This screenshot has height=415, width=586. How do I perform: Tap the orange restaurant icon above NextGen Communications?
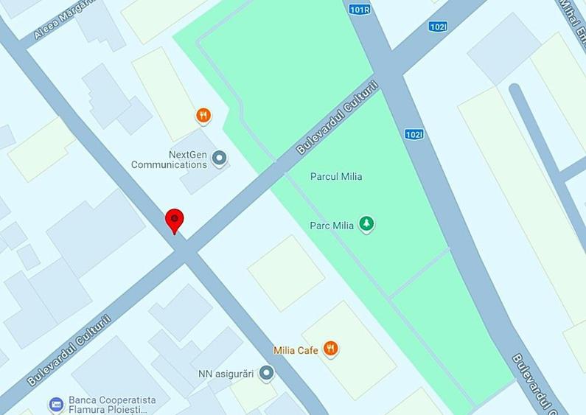(x=203, y=115)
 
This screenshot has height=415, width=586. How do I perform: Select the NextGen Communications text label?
(x=169, y=159)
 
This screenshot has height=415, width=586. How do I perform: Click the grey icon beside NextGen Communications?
(x=218, y=157)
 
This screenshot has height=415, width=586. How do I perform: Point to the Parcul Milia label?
(x=336, y=177)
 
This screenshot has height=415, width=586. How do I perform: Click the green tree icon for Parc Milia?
(x=366, y=223)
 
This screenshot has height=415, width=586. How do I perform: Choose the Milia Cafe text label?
(x=296, y=350)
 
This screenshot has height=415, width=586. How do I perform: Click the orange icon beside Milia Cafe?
(x=331, y=349)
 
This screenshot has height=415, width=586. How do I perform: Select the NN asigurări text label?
(x=226, y=374)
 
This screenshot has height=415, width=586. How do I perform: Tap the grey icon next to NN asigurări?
(x=267, y=374)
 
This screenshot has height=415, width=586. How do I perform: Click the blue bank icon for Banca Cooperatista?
(x=56, y=404)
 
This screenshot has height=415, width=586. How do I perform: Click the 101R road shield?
(x=358, y=10)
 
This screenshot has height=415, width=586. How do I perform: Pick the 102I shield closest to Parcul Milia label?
(x=414, y=134)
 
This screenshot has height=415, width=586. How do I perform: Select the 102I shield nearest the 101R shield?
(x=437, y=27)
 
